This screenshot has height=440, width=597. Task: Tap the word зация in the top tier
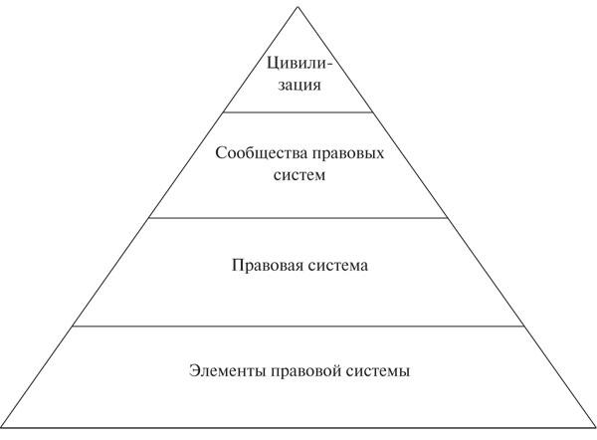(299, 85)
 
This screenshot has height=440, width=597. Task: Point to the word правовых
(348, 154)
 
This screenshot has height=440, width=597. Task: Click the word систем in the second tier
(299, 175)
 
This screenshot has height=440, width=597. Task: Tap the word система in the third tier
(338, 266)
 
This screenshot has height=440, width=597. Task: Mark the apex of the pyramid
(298, 7)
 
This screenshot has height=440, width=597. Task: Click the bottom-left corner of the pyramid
(2, 427)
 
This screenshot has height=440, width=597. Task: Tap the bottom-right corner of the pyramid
(595, 427)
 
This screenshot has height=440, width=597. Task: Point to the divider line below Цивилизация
(298, 112)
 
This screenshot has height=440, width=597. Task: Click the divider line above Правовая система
(298, 218)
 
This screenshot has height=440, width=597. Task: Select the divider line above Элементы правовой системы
(298, 327)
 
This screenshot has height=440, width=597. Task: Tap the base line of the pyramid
(298, 427)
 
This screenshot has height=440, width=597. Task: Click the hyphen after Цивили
(329, 65)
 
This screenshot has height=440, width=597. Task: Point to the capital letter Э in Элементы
(194, 370)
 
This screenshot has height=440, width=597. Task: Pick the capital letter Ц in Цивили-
(272, 64)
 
